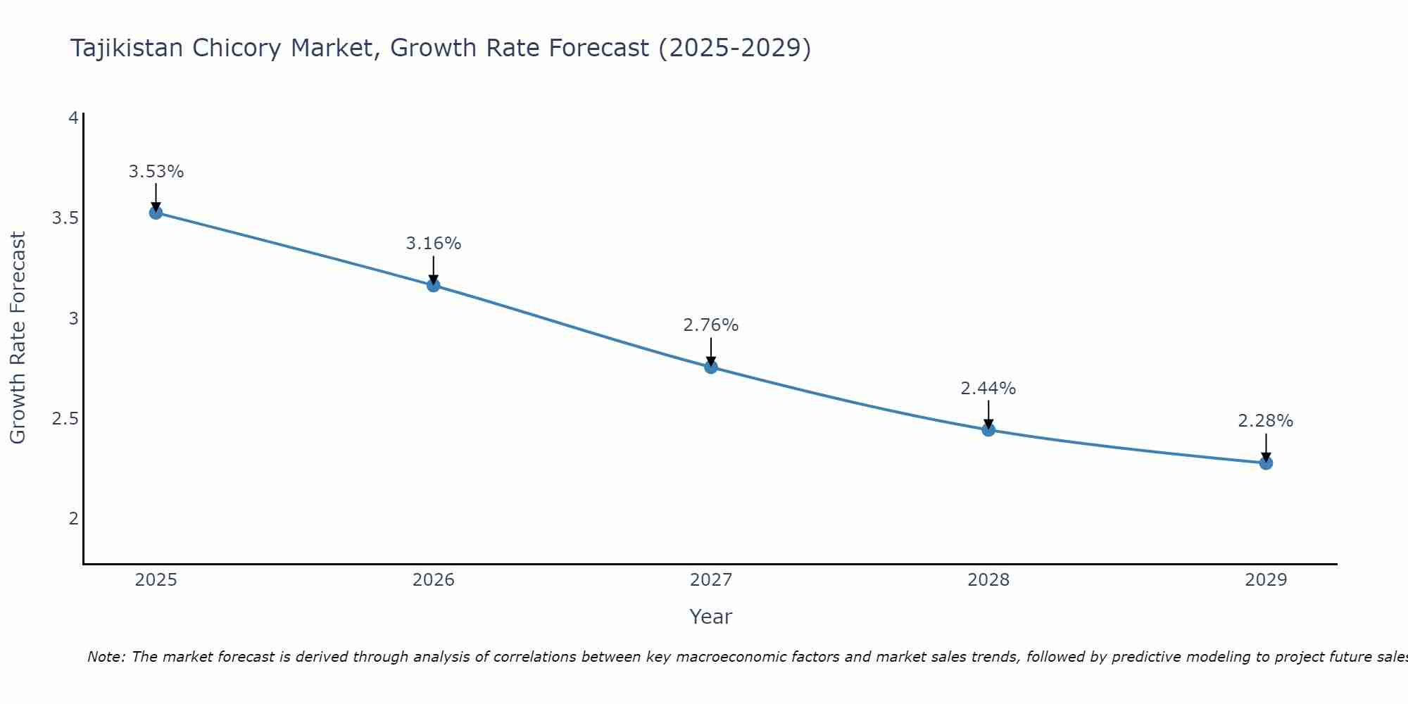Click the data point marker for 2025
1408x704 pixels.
156,213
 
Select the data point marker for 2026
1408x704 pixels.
433,285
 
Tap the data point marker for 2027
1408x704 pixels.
710,367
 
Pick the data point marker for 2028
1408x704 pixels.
988,429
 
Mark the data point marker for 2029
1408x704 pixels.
1265,463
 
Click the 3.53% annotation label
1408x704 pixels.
156,172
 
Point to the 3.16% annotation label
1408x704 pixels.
433,244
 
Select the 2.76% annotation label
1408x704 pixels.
710,325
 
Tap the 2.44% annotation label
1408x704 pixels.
988,389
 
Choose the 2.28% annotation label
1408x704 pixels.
1265,421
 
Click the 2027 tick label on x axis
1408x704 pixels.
710,580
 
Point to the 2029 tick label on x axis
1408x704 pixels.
1265,580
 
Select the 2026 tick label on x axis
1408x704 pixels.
433,580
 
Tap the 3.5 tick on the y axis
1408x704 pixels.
65,218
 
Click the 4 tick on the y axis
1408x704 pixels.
73,118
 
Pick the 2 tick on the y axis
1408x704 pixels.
73,519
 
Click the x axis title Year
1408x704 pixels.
710,617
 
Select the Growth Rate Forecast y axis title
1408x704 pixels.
18,338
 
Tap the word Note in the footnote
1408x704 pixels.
106,657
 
